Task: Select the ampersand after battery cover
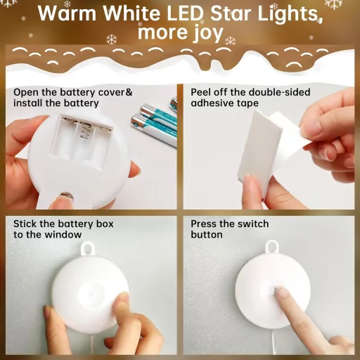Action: pos(129,92)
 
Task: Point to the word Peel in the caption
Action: pos(200,92)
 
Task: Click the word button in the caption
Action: pos(207,234)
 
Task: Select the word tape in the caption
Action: pos(248,103)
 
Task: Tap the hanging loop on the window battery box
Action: pos(88,249)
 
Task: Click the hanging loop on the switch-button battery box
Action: pos(272,247)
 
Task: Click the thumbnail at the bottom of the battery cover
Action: pos(66,196)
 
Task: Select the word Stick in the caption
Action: pos(25,224)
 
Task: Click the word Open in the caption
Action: pos(26,93)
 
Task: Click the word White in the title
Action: pos(131,13)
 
